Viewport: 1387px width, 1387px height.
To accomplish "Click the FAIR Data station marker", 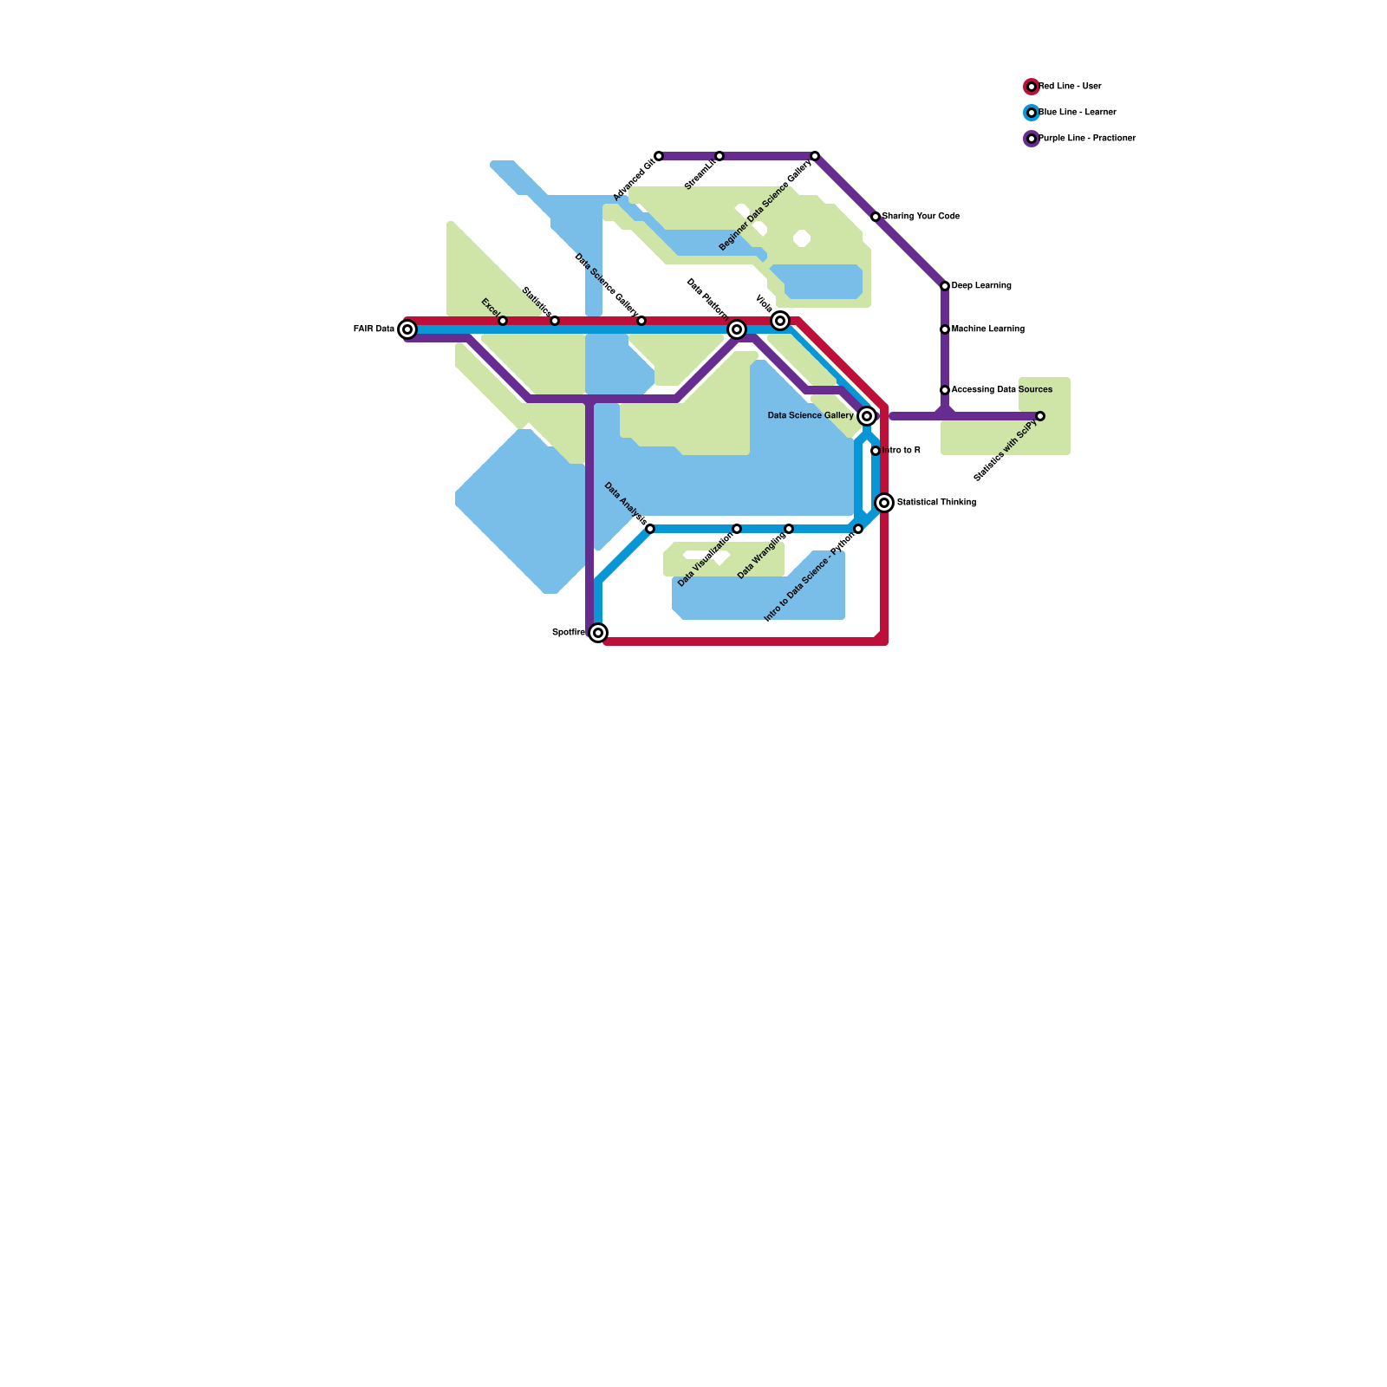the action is tap(407, 329).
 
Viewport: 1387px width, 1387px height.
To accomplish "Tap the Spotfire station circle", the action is tap(598, 633).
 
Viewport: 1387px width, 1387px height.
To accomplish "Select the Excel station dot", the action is tap(503, 321).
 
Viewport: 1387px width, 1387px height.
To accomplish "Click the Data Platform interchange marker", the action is tap(737, 329).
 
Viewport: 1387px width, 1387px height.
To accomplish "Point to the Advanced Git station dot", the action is tap(659, 156).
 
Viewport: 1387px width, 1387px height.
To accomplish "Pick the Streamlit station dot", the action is tap(720, 156).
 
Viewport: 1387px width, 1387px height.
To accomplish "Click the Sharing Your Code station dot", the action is tap(876, 217).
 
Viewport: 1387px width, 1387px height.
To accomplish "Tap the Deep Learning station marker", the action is tap(945, 286).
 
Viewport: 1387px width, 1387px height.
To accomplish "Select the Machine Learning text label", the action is tap(988, 329).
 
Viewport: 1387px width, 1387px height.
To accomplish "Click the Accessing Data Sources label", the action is tap(1002, 390).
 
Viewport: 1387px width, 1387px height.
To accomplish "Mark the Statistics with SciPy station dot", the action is tap(1040, 416).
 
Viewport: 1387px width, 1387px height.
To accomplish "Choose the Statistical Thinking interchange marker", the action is tap(884, 503).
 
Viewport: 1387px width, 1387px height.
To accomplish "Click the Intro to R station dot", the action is tap(876, 451).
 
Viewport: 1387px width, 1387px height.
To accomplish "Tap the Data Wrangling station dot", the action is tap(789, 529).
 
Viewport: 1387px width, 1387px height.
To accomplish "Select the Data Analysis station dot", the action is tap(650, 529).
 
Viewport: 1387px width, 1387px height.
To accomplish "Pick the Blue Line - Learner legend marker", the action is tap(1032, 113).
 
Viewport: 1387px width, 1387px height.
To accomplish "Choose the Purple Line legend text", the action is tap(1087, 139).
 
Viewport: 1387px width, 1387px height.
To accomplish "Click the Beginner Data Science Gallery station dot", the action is tap(815, 156).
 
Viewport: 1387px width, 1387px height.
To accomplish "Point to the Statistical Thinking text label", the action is tap(936, 503).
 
